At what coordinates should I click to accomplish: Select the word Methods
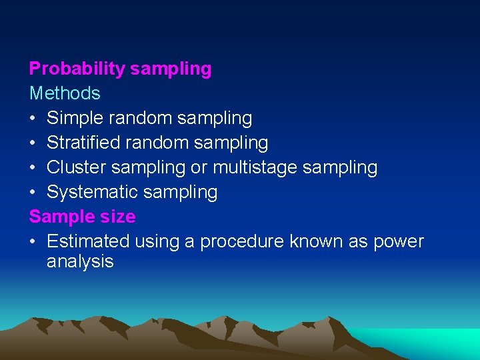click(x=65, y=93)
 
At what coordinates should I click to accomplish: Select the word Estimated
click(x=88, y=241)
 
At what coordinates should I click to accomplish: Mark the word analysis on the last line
click(x=80, y=262)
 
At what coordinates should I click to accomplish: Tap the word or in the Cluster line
click(x=199, y=167)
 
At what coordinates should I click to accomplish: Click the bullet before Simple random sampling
click(x=33, y=119)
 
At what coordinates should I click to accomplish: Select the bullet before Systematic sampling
click(x=33, y=192)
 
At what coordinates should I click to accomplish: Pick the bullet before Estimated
click(x=33, y=241)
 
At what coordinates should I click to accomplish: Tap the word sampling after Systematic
click(x=181, y=192)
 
